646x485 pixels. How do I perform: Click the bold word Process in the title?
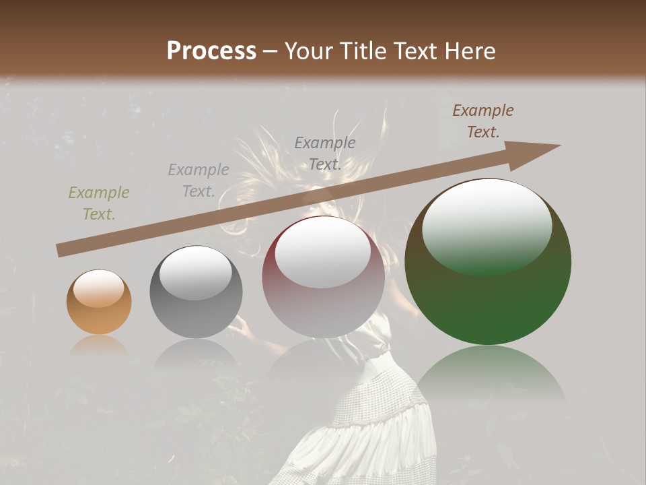click(211, 51)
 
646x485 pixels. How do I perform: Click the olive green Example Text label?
click(99, 203)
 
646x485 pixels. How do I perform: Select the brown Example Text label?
click(482, 121)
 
